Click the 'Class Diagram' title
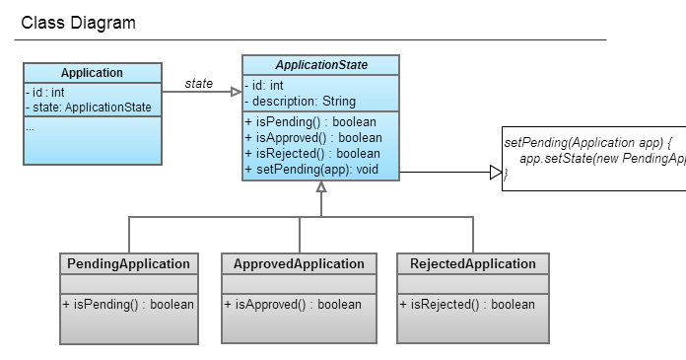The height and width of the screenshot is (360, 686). click(79, 23)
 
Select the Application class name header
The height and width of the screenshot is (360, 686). click(92, 73)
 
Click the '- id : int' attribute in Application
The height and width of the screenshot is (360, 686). click(45, 93)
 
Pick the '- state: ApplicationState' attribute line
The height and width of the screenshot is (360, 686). click(89, 108)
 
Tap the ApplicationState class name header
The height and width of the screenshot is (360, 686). click(321, 65)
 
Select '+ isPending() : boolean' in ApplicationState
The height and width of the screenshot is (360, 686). click(309, 122)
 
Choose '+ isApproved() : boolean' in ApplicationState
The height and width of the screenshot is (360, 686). click(312, 138)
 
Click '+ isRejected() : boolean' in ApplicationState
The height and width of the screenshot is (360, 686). click(311, 154)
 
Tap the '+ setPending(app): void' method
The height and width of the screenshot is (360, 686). click(311, 170)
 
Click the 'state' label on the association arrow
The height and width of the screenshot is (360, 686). click(199, 84)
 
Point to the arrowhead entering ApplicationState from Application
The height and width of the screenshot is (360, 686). click(236, 93)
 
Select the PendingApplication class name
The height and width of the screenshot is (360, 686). click(128, 264)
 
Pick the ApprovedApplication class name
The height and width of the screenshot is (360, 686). click(299, 264)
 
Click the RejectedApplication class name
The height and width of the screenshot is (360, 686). click(473, 264)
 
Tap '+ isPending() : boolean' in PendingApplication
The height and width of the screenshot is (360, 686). click(128, 305)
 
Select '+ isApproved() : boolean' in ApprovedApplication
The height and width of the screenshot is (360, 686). click(293, 305)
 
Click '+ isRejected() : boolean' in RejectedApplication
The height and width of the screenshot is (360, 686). click(467, 305)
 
